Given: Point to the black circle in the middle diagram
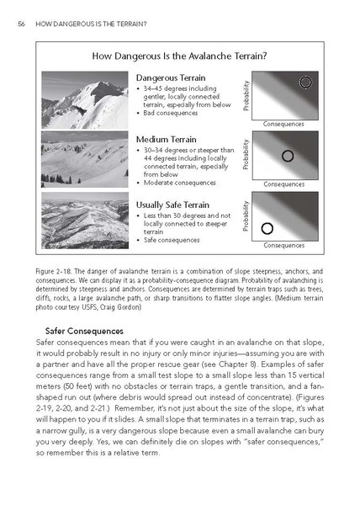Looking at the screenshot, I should click(287, 156).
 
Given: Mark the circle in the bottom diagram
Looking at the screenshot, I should click(267, 227).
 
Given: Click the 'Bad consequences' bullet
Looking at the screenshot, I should click(169, 112).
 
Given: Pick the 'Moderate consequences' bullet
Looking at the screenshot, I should click(177, 183).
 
